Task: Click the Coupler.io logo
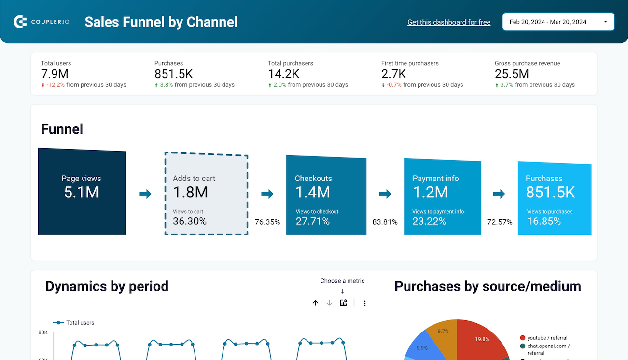point(42,22)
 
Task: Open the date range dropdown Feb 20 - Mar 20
point(558,22)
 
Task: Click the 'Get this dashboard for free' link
point(448,22)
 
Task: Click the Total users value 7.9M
point(55,74)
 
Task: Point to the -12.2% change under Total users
point(55,85)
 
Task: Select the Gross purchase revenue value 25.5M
point(512,74)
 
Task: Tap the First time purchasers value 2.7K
point(393,74)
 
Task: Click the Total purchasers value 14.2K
point(283,74)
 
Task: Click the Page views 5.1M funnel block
point(82,192)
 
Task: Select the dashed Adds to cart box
point(206,194)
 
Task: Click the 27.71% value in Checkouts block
point(312,222)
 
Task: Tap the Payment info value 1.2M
point(430,192)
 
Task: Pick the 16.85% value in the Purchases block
point(544,222)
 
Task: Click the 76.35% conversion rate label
point(267,222)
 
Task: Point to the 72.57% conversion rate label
point(500,222)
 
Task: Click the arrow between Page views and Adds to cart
point(145,194)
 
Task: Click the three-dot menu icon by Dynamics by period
point(364,303)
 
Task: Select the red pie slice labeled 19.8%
point(480,340)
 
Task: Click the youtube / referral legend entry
point(547,338)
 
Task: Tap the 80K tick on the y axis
point(43,332)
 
